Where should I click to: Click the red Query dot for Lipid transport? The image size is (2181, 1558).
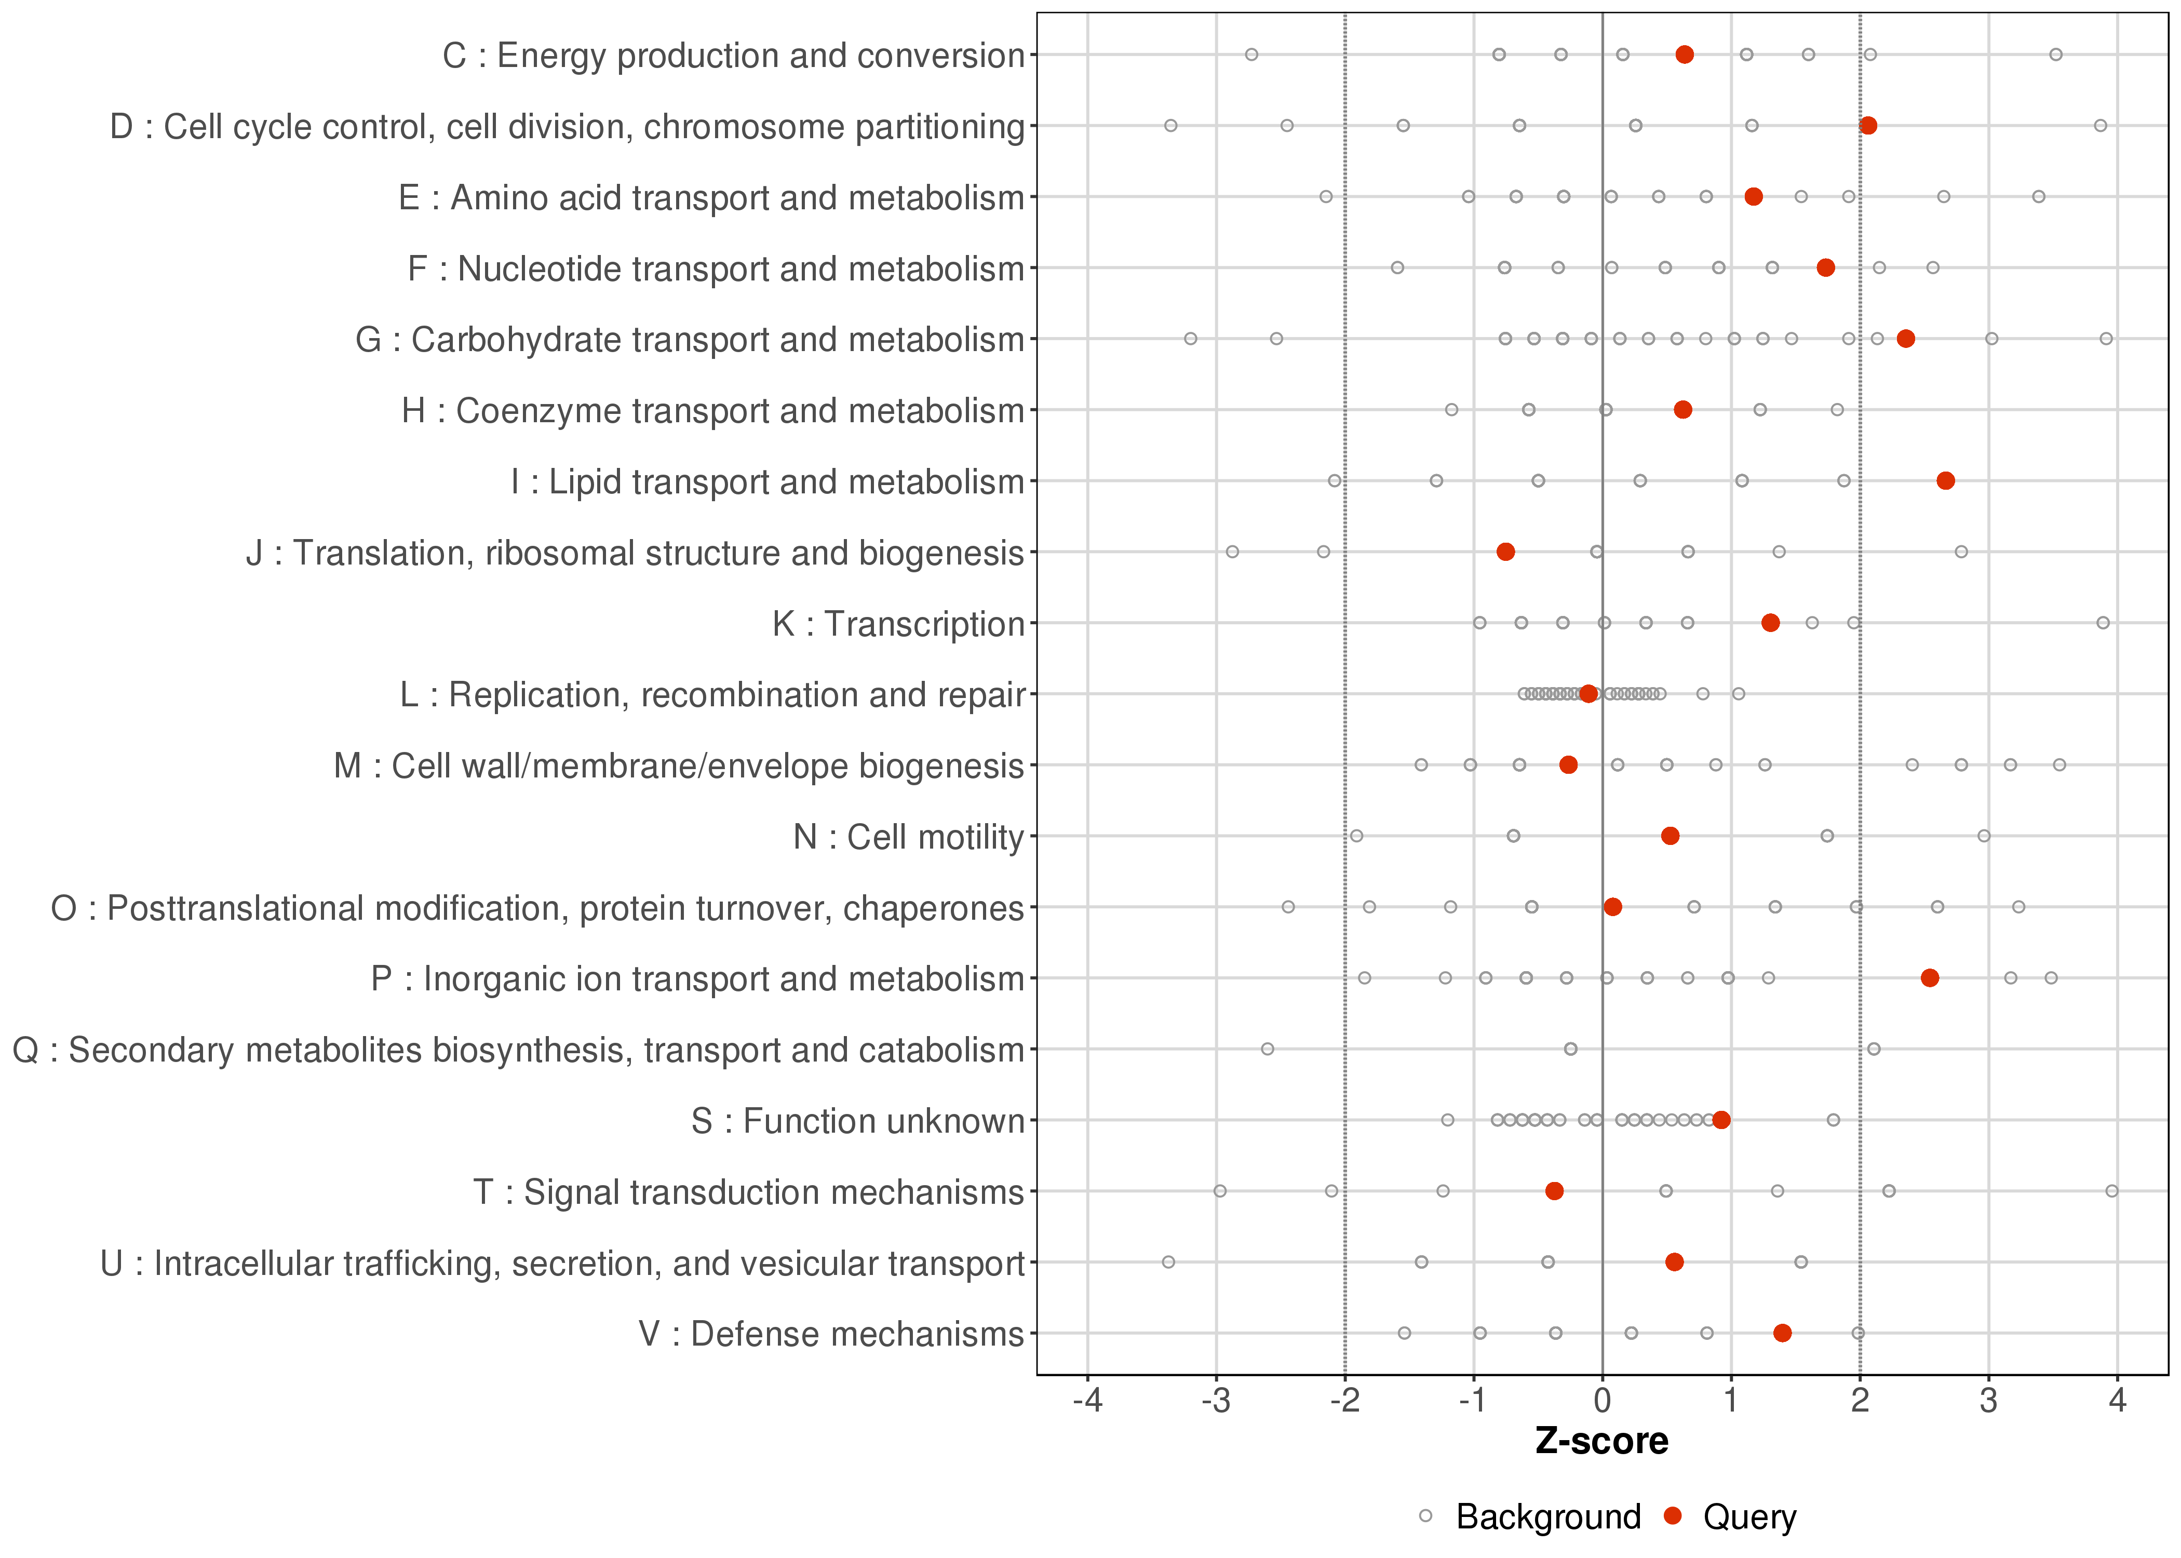[1945, 480]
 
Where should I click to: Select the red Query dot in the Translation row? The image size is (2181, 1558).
[1506, 552]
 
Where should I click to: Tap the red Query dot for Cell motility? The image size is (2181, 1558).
[1670, 836]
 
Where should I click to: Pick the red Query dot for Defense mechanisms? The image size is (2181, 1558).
[1782, 1333]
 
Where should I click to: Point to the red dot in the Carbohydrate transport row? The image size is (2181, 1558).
[1906, 339]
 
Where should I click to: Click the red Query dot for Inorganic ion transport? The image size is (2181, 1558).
[1930, 977]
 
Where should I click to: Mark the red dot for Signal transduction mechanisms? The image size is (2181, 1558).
[1555, 1190]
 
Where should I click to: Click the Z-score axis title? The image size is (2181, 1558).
[1601, 1442]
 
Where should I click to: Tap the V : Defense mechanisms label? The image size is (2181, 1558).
[831, 1334]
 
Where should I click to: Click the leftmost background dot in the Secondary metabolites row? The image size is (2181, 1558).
[1267, 1049]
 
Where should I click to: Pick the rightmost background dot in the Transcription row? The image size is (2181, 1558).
[2103, 623]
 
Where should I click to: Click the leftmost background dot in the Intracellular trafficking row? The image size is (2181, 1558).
[1168, 1261]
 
